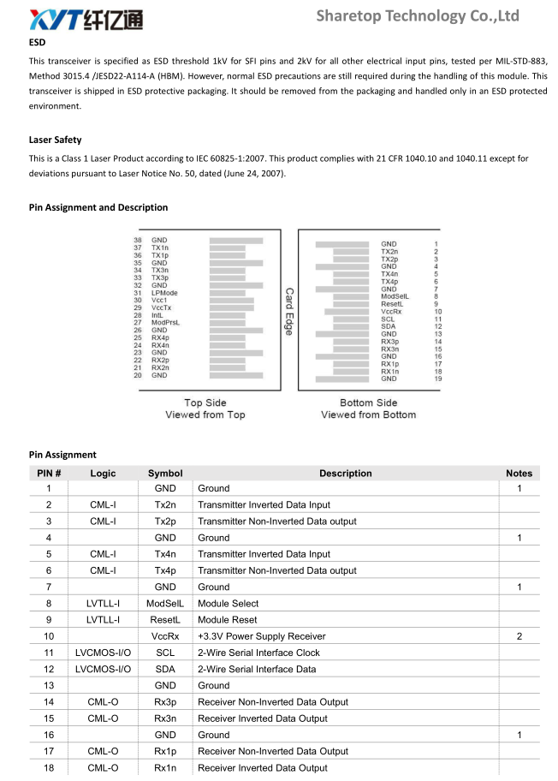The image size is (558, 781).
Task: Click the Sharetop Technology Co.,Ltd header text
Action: pyautogui.click(x=418, y=16)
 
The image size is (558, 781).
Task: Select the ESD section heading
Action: pyautogui.click(x=37, y=42)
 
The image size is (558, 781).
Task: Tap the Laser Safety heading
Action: pyautogui.click(x=55, y=140)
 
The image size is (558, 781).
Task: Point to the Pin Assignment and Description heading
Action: pyautogui.click(x=98, y=207)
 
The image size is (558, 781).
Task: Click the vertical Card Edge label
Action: pyautogui.click(x=289, y=311)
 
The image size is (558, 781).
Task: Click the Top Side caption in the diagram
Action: pyautogui.click(x=205, y=402)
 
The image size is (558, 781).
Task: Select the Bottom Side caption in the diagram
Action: pyautogui.click(x=368, y=402)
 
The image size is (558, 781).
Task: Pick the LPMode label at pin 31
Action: pyautogui.click(x=164, y=293)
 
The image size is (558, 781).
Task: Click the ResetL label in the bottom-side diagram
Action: pyautogui.click(x=391, y=304)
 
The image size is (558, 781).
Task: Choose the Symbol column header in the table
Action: pyautogui.click(x=165, y=473)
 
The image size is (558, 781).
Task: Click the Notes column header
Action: pyautogui.click(x=519, y=473)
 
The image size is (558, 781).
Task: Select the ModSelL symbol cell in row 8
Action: pyautogui.click(x=165, y=604)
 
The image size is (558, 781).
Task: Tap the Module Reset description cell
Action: pyautogui.click(x=228, y=620)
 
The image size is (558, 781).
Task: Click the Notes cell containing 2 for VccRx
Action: pyautogui.click(x=519, y=636)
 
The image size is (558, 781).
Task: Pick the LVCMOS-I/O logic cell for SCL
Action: pyautogui.click(x=103, y=653)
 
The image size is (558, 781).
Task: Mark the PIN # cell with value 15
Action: pyautogui.click(x=49, y=718)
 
